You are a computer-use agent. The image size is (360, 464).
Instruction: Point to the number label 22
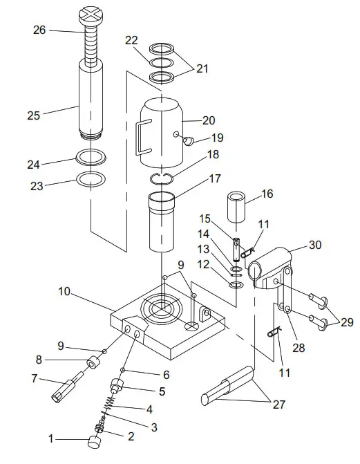click(132, 41)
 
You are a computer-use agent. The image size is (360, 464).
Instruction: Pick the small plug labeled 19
click(187, 141)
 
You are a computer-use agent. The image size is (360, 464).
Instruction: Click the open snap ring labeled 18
click(163, 179)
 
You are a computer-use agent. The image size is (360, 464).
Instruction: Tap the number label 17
click(215, 178)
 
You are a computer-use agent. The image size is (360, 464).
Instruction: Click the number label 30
click(314, 244)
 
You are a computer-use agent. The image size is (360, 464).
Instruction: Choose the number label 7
click(35, 378)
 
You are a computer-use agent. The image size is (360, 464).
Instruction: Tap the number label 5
click(162, 391)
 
